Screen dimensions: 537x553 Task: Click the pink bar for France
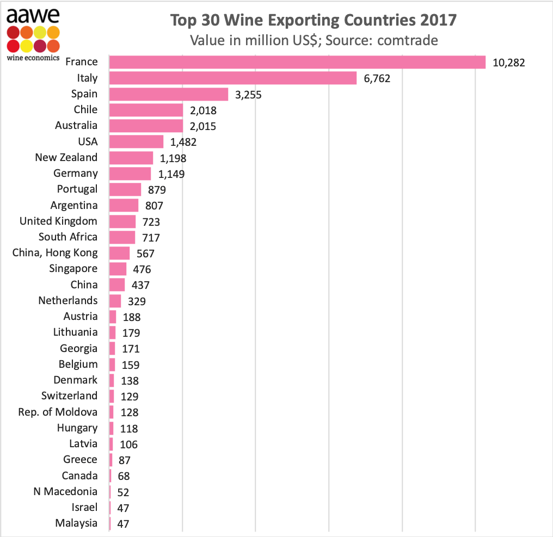(297, 62)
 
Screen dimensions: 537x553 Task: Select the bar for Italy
(233, 78)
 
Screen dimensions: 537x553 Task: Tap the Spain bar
(169, 94)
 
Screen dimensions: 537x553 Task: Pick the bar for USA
(137, 142)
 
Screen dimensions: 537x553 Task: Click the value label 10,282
(508, 63)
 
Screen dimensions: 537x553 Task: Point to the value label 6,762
(377, 79)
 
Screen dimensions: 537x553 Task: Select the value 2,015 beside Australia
(203, 126)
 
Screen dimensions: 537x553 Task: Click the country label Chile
(85, 110)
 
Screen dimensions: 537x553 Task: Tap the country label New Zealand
(66, 158)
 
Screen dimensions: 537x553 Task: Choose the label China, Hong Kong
(55, 253)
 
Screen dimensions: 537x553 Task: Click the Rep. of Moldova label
(58, 412)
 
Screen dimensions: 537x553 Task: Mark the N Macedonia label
(65, 492)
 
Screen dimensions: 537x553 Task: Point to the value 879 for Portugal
(157, 190)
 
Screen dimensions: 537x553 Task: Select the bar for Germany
(130, 174)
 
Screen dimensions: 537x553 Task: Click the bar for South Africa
(122, 237)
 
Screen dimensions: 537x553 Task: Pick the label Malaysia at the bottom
(76, 523)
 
